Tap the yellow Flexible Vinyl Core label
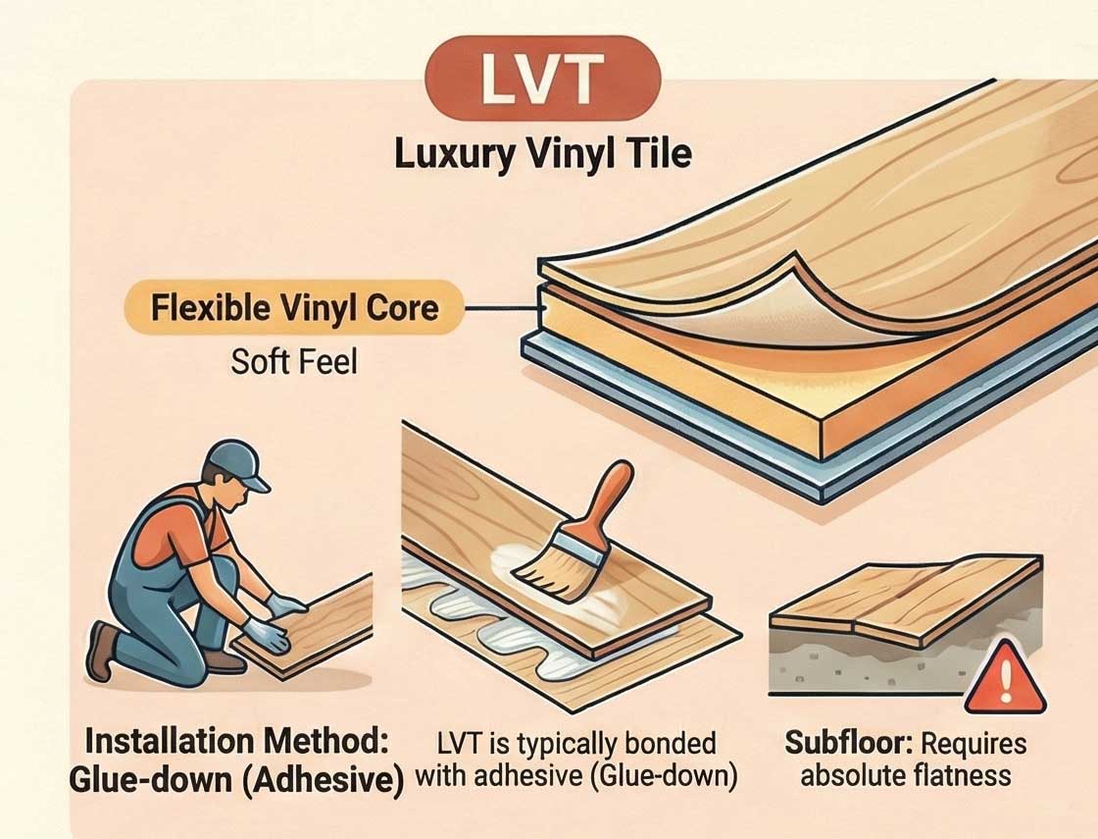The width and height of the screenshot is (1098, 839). (x=294, y=309)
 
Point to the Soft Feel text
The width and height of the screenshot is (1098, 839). (x=294, y=362)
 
